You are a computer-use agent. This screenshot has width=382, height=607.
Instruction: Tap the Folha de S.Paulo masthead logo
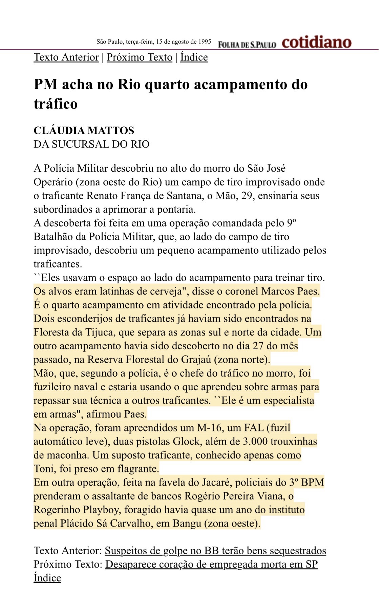coord(247,44)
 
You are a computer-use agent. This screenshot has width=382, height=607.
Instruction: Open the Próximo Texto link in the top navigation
coord(140,57)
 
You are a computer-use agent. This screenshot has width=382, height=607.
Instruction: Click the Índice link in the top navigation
coord(194,57)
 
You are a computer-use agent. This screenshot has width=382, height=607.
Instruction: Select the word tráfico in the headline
coord(56,103)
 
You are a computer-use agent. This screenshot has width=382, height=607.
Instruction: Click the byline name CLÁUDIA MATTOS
coord(84,131)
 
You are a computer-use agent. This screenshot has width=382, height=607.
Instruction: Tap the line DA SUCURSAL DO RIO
coord(91,144)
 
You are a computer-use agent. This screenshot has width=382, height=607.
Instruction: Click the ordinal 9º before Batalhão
coord(292,223)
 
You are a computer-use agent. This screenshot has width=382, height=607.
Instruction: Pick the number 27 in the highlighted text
coord(260,346)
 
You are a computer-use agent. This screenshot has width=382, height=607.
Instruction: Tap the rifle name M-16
coord(210,428)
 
